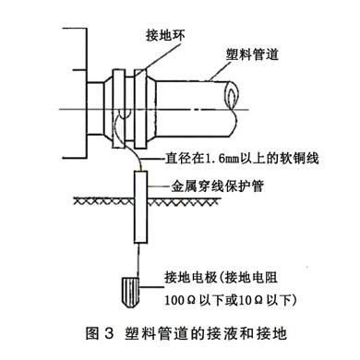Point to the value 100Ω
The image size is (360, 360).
coord(182,300)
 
